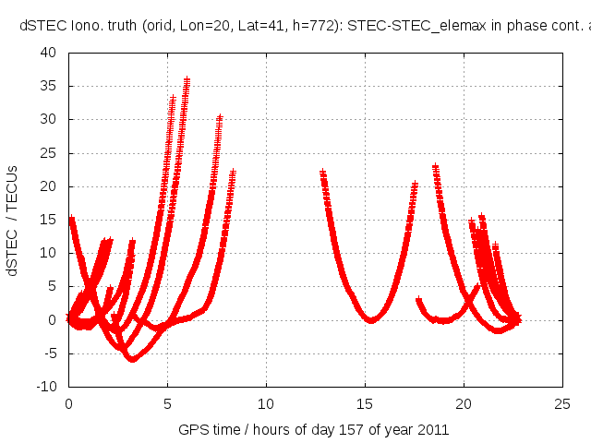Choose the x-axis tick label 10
click(x=266, y=403)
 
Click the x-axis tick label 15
click(x=365, y=403)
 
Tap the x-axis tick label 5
click(x=167, y=403)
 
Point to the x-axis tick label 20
click(x=464, y=403)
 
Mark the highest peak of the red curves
click(x=187, y=80)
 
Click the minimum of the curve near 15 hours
click(x=371, y=320)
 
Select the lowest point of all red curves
click(x=132, y=360)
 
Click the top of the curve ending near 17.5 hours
click(x=415, y=185)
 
